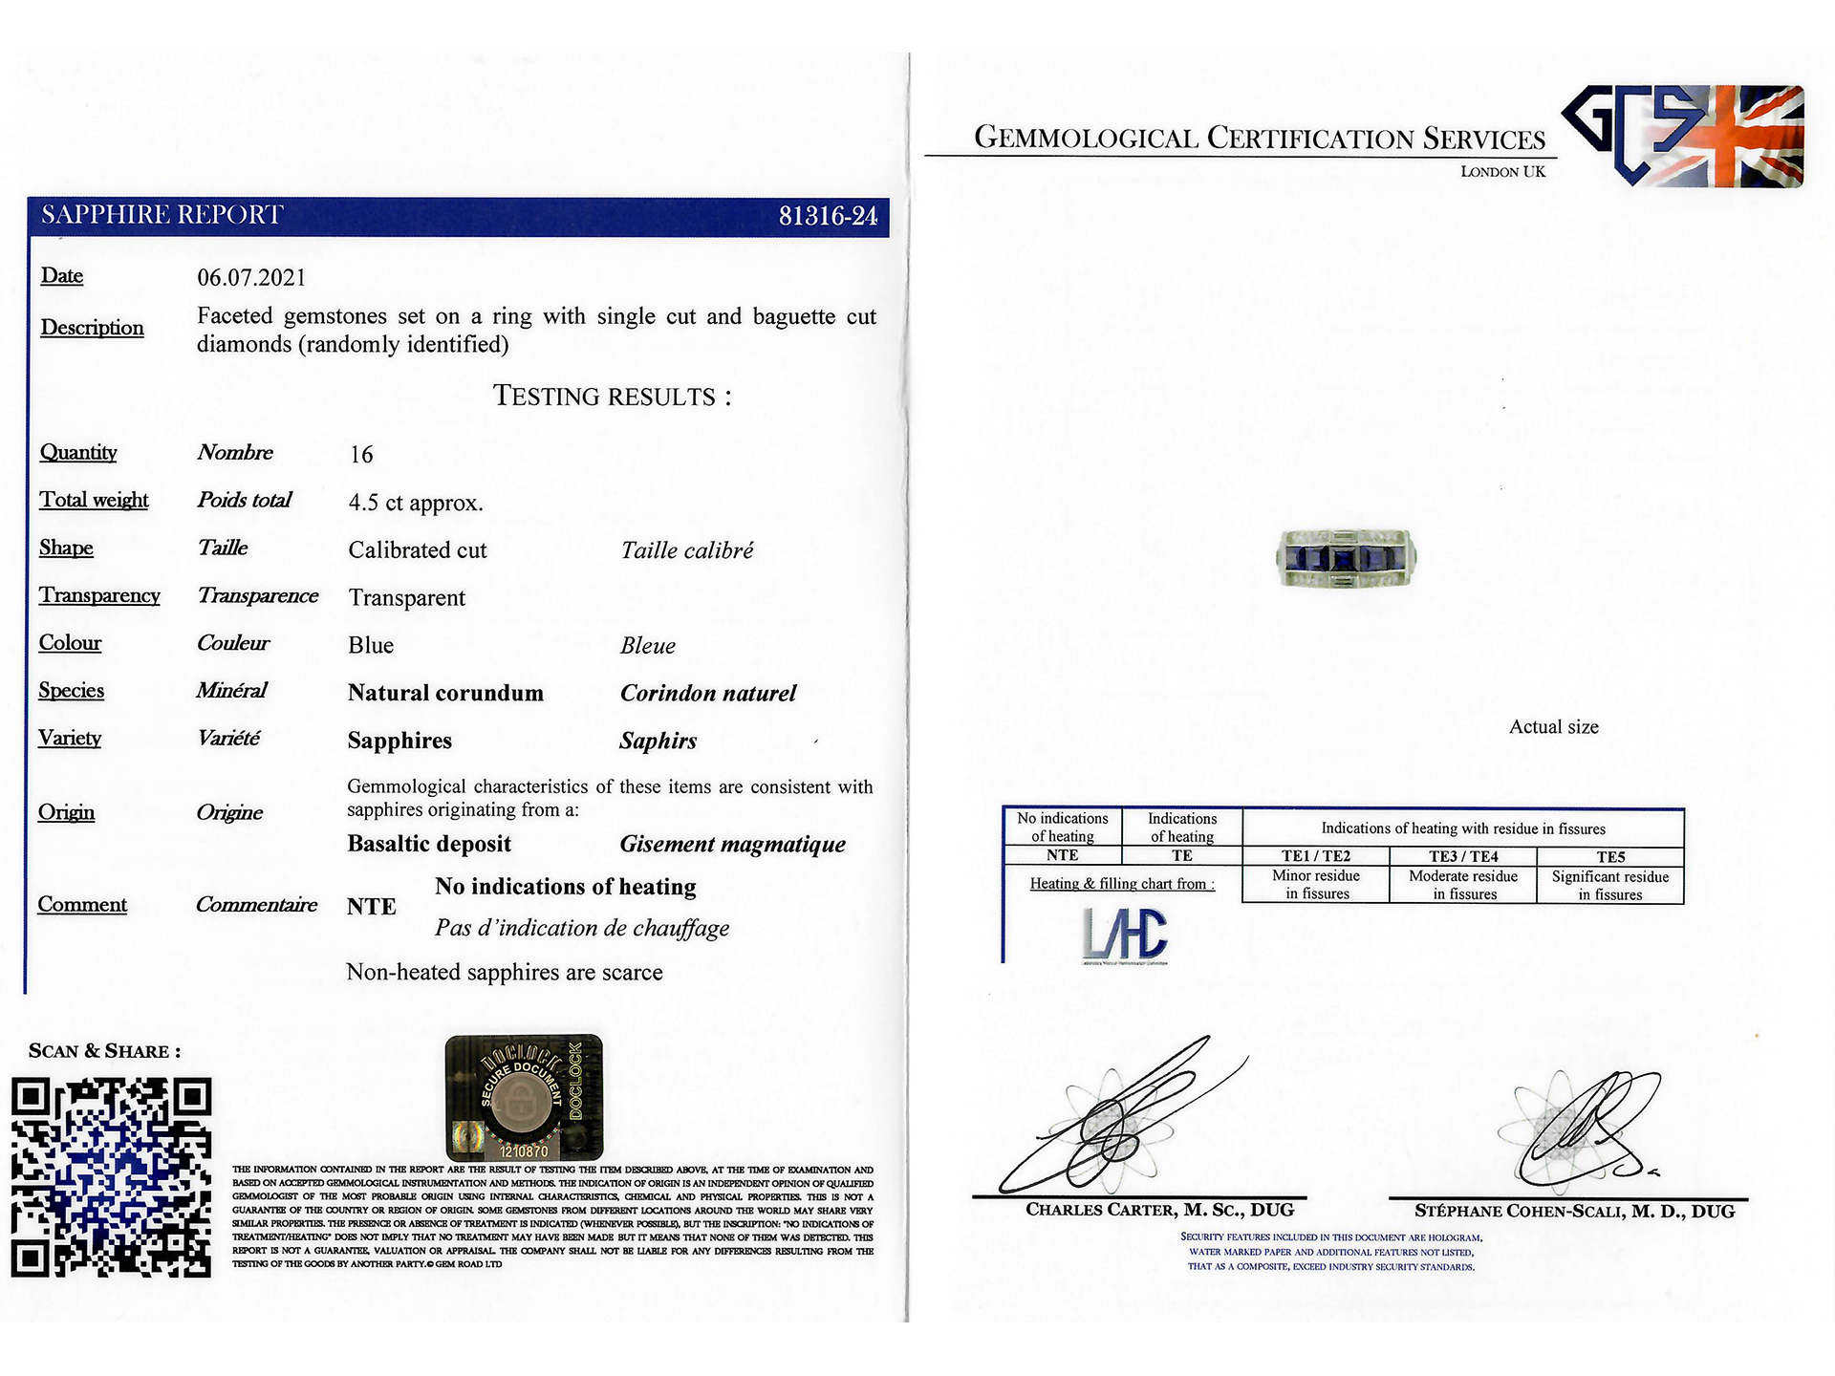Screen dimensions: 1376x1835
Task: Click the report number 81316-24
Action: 828,217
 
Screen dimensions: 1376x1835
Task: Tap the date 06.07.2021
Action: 251,278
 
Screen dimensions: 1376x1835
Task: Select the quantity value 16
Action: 361,455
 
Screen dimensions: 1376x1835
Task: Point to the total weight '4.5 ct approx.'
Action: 416,503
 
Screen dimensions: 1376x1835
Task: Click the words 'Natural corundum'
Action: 445,693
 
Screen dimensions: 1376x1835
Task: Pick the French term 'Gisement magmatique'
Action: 732,844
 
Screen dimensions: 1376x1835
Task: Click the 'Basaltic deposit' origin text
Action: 429,844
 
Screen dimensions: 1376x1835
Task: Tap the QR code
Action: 111,1177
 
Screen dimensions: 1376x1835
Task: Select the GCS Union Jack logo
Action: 1683,136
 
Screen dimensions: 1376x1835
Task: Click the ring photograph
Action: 1347,559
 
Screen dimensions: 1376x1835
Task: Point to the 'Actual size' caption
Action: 1553,727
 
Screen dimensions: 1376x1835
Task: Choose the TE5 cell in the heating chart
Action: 1610,857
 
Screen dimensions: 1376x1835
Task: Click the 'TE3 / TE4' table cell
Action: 1463,857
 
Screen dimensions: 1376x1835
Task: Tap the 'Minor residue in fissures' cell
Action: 1316,885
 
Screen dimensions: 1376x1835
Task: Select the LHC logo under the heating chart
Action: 1126,935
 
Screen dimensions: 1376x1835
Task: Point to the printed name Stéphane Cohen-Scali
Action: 1574,1212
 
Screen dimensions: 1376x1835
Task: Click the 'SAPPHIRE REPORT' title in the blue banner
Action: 162,215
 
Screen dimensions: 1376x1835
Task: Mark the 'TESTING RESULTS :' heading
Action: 612,397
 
